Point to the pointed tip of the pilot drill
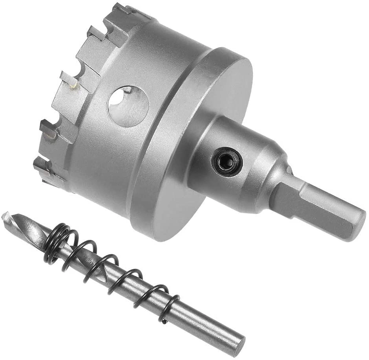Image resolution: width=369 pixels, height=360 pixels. coord(5,216)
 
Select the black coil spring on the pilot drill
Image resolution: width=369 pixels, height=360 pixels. coord(110,267)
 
